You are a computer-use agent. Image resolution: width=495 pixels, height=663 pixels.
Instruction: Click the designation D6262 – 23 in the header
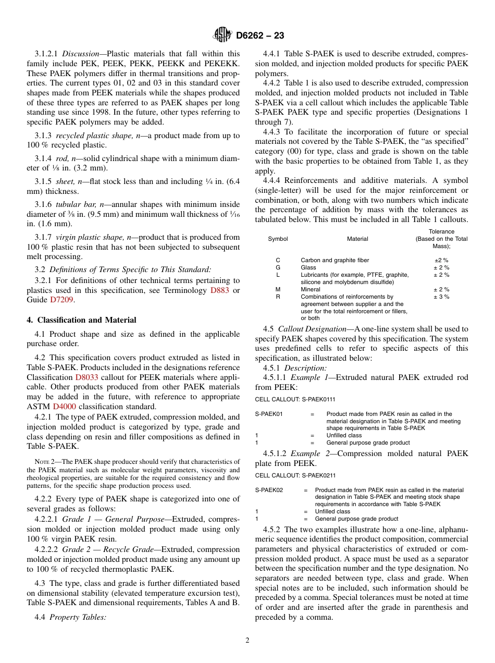259,35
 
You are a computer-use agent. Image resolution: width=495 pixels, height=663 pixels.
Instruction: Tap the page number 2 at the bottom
247,641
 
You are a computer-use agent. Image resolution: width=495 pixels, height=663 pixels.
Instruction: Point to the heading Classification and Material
81,320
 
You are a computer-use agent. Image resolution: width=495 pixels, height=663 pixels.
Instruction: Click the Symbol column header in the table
278,239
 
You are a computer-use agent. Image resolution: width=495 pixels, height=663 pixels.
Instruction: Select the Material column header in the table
357,239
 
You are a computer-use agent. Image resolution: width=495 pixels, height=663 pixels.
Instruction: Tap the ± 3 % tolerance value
441,297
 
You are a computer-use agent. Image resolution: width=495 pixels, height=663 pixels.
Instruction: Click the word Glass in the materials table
308,267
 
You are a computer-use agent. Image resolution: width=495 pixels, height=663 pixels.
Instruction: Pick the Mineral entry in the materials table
311,289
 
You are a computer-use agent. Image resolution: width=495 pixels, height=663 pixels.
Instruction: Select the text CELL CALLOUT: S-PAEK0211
295,475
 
